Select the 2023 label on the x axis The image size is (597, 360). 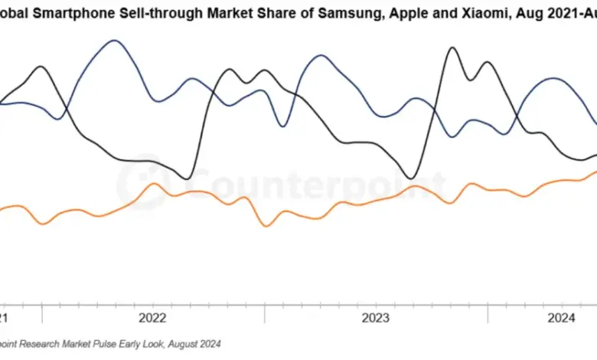(x=376, y=317)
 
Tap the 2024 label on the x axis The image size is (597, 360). (x=563, y=317)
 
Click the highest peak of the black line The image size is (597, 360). (x=452, y=47)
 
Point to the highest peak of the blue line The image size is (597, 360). (x=114, y=40)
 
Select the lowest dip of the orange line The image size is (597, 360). (x=266, y=226)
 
